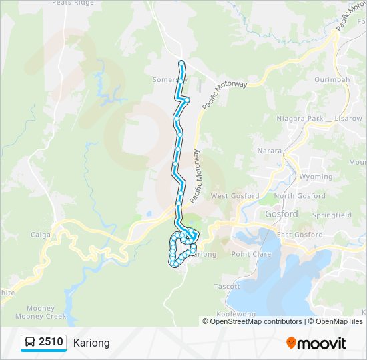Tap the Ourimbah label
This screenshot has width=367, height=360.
[331, 80]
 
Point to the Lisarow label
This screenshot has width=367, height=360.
[348, 119]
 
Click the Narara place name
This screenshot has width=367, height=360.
[270, 151]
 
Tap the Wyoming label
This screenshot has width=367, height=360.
[316, 177]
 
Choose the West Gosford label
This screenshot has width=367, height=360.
[234, 196]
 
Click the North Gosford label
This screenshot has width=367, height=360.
[294, 196]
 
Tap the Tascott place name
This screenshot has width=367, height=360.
[227, 286]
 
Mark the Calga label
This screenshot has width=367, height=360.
[41, 235]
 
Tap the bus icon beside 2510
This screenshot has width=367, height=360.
[30, 343]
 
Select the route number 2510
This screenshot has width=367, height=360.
[51, 343]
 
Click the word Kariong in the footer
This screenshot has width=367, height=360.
[91, 343]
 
